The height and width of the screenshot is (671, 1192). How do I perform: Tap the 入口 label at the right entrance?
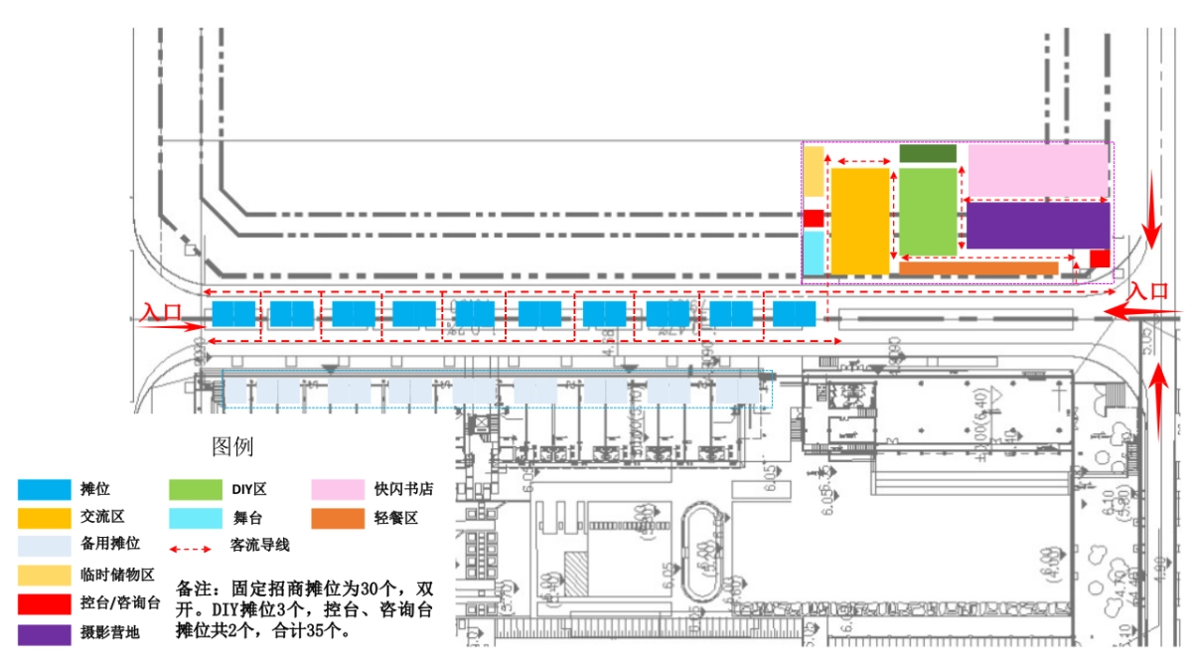point(1149,291)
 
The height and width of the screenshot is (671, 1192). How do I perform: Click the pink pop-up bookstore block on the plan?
point(1038,170)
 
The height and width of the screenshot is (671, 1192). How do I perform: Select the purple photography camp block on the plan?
point(1038,226)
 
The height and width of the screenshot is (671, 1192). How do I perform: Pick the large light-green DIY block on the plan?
point(928,212)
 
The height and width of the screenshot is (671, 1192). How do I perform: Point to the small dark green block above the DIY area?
point(928,153)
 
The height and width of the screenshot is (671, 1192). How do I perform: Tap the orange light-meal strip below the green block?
point(978,268)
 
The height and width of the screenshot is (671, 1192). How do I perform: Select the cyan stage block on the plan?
point(813,252)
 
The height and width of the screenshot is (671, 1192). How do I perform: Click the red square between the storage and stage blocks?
point(814,219)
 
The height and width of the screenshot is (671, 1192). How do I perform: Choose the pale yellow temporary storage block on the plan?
point(814,172)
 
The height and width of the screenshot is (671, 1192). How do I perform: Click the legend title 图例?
point(233,446)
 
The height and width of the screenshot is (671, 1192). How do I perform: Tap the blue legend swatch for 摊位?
point(44,489)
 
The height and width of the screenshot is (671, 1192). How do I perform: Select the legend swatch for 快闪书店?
point(338,489)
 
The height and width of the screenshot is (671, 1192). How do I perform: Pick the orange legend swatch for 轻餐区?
point(338,518)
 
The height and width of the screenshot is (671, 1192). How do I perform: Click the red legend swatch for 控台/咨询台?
point(44,603)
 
